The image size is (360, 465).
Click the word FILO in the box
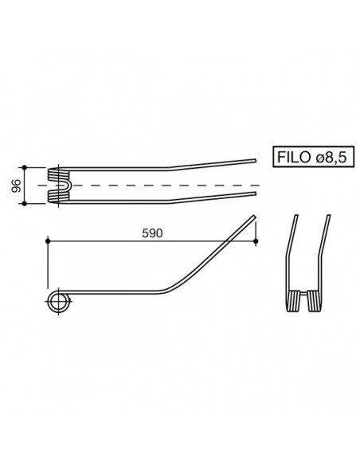[294, 158]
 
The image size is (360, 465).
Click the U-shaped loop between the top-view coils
[70, 185]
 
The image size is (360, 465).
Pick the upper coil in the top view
[56, 174]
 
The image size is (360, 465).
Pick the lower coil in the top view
[56, 197]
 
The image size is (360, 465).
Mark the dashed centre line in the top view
[159, 186]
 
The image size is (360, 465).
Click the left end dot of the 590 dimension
[48, 240]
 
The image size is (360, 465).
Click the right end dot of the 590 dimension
[257, 240]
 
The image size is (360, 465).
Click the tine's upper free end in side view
[256, 216]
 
